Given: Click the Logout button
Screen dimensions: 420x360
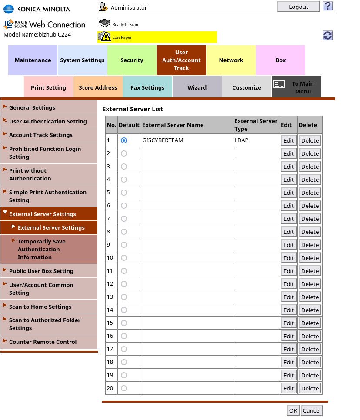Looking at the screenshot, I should point(298,7).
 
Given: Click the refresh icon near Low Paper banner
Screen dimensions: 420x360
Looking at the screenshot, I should point(328,36).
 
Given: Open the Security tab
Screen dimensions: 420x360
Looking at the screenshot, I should point(132,60).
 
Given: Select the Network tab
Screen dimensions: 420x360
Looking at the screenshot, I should point(231,60).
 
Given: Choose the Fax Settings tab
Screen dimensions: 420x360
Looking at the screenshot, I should point(147,87).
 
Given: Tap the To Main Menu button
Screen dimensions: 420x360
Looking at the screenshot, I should point(297,87).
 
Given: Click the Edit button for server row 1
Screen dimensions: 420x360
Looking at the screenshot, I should point(289,140).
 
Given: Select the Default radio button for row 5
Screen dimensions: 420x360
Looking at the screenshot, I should point(124,193).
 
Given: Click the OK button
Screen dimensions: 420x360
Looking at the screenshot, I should point(293,410).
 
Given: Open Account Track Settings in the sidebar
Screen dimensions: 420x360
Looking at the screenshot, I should point(41,135).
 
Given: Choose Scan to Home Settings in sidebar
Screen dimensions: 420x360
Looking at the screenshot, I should point(40,307).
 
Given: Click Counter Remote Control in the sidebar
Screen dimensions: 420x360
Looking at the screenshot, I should point(43,342).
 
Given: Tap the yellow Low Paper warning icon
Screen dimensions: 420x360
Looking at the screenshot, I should point(104,37).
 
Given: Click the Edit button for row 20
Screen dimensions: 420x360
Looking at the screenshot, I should point(289,388).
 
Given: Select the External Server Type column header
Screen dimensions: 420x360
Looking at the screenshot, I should point(256,125).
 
